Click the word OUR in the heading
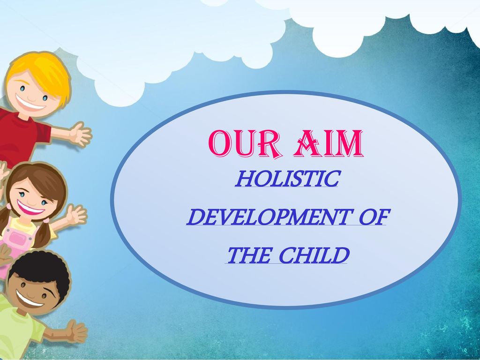pos(245,144)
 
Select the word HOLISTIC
pos(288,179)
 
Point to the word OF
pos(375,217)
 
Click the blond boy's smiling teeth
pos(30,104)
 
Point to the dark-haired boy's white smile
pos(29,300)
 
